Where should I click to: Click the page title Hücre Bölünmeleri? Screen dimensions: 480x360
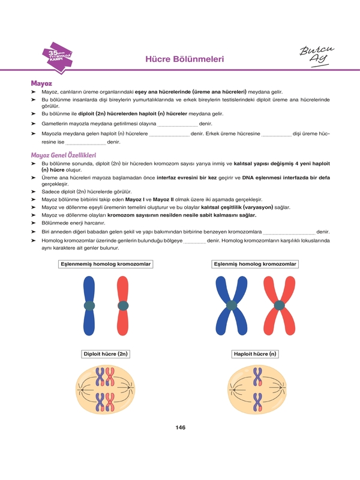pos(185,59)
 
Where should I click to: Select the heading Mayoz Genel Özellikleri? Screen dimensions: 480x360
pos(63,155)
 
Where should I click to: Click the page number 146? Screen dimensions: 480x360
pos(180,427)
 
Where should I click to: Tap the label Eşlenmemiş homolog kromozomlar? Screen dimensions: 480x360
pos(106,264)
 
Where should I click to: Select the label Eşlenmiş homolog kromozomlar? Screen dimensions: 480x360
pos(256,264)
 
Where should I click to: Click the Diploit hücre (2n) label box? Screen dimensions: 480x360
pos(106,354)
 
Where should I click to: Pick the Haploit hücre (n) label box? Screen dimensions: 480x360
pos(256,354)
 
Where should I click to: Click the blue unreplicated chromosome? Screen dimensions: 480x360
pos(89,305)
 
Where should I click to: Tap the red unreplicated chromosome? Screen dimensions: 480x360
pos(123,305)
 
